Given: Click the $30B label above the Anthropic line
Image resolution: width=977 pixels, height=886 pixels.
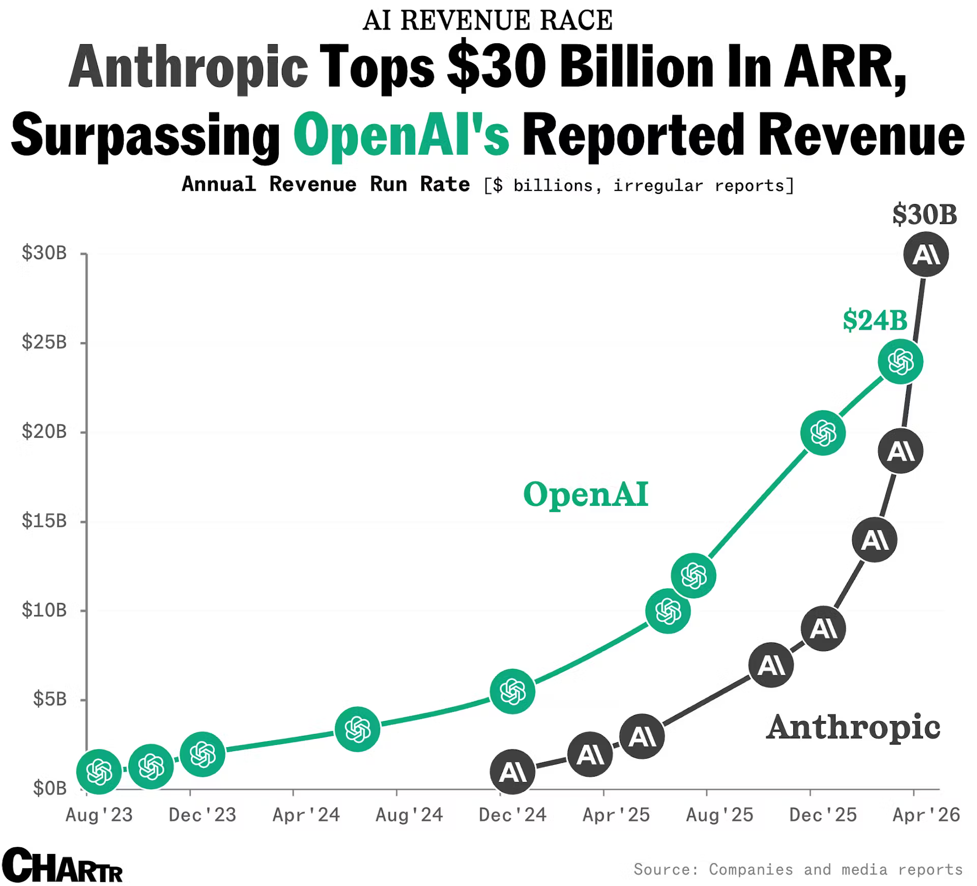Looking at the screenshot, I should coord(925,215).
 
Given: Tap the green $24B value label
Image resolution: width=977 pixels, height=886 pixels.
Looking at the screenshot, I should coord(875,321).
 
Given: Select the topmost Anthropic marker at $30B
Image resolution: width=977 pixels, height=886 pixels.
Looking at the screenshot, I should coord(926,254).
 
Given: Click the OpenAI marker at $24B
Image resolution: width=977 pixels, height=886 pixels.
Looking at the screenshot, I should coord(900,362).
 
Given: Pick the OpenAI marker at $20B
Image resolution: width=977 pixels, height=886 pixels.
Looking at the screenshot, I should coord(823,433).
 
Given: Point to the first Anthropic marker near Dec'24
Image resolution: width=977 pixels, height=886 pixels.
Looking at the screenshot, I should coord(512,771).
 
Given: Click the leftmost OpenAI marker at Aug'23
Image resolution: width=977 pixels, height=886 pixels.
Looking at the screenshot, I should coord(99,771).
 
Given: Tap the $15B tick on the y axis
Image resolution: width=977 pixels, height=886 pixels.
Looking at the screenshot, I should coord(44,521).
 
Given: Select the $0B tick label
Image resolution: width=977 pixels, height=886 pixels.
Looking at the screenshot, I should coord(49,788).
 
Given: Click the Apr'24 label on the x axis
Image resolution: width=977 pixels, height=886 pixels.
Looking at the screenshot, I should coord(306,815).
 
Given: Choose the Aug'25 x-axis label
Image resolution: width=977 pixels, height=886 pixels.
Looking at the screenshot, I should coord(720,815).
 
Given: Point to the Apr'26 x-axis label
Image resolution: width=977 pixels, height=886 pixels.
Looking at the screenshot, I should coord(926,815).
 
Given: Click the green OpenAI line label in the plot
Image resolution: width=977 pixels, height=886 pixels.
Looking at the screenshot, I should coord(586,494).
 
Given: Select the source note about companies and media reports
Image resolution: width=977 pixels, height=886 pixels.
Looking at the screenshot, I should coord(798,869).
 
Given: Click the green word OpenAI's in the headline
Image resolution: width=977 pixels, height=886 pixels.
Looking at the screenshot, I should coord(401,135).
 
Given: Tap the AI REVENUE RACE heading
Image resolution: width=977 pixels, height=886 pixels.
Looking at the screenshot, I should coord(487,20).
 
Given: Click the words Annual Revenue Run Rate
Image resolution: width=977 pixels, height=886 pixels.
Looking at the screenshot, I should coord(326,184).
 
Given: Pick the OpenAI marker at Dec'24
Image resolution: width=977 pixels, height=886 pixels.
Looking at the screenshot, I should coord(512,691).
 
